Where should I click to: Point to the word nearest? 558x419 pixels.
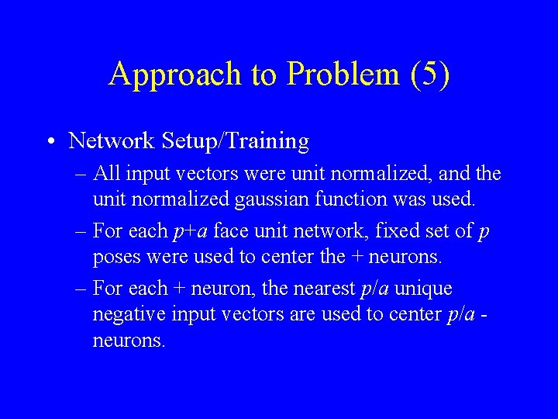coord(322,289)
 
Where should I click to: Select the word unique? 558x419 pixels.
coord(425,289)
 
